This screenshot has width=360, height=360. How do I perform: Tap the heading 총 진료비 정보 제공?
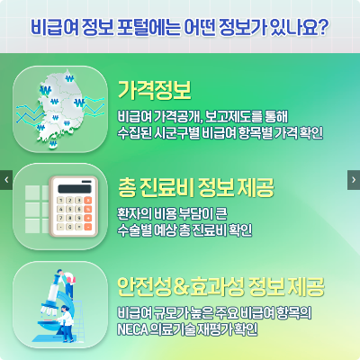tap(195, 187)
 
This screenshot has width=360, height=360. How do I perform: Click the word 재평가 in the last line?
tap(235, 328)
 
